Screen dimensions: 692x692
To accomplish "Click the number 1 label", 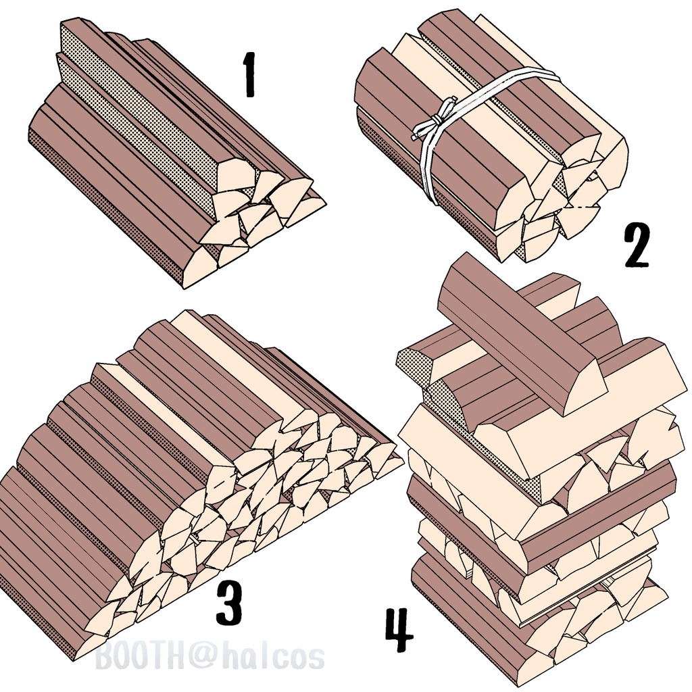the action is tap(250, 74).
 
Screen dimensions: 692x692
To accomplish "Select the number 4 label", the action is tap(399, 630).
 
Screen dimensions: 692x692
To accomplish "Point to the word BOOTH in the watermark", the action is tap(141, 657).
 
